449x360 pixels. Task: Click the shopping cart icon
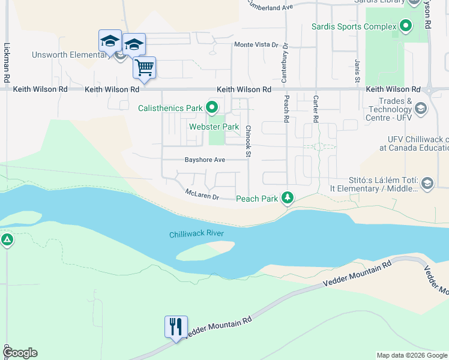(144, 67)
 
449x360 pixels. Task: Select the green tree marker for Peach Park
(288, 197)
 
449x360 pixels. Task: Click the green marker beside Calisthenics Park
(212, 108)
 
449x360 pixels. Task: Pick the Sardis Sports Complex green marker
(406, 26)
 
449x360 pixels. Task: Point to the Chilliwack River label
(196, 234)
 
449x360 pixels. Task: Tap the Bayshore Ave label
(205, 160)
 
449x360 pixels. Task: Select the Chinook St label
(247, 141)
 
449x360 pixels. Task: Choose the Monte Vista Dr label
(256, 45)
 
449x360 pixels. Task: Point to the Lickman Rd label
(7, 62)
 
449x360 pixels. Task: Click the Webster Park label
(214, 127)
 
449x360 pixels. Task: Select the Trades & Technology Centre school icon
(420, 109)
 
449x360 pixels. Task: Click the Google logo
(20, 353)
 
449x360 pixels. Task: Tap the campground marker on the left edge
(7, 241)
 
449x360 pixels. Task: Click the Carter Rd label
(315, 109)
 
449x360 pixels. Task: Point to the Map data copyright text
(411, 355)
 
